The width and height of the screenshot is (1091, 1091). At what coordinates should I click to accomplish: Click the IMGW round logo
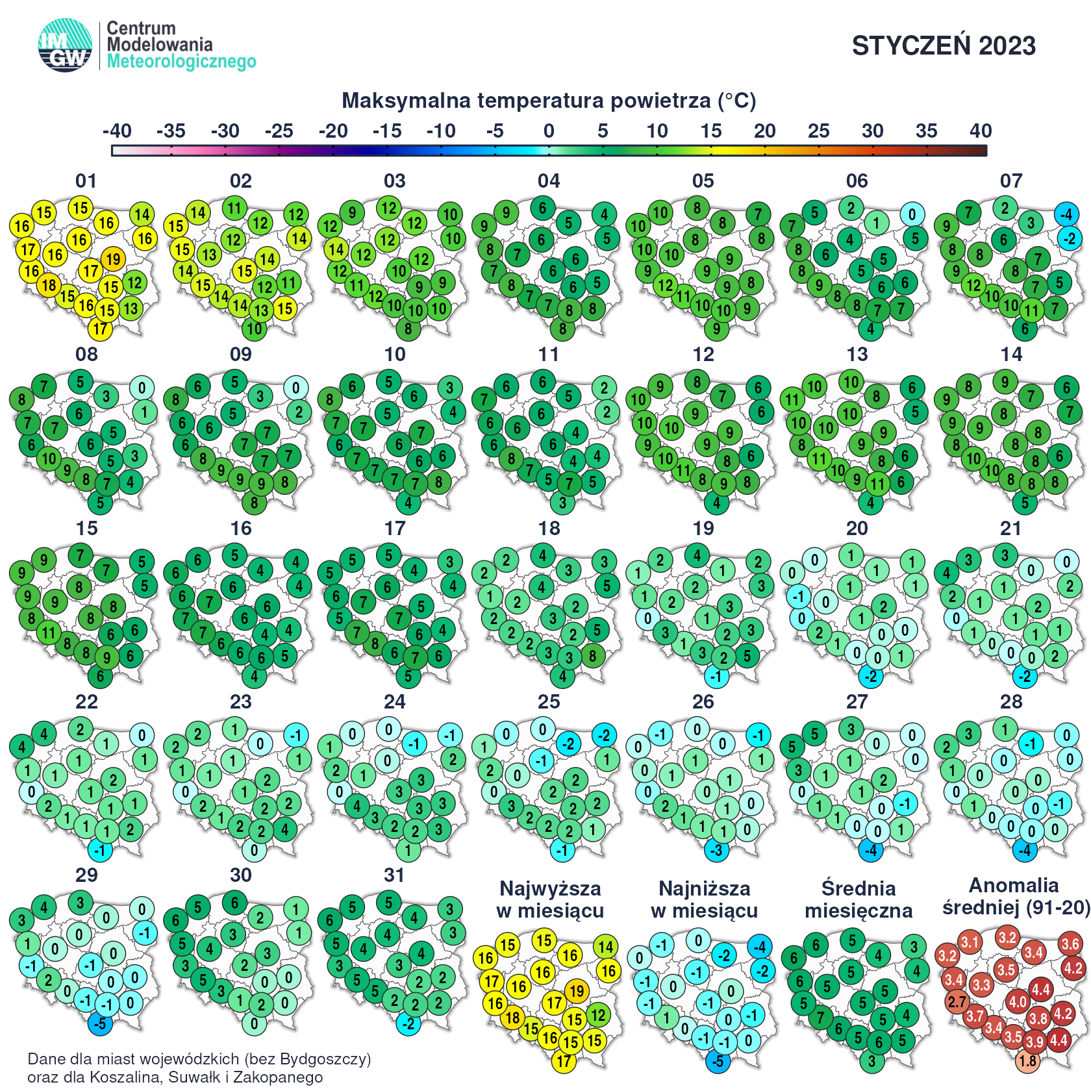pos(65,45)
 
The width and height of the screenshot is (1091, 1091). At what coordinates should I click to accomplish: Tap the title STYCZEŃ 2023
pos(944,45)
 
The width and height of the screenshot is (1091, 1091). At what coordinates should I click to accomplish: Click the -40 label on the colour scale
pos(117,131)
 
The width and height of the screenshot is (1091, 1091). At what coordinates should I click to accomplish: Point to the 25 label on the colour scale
pos(818,131)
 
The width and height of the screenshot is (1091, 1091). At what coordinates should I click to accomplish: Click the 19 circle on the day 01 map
pos(114,259)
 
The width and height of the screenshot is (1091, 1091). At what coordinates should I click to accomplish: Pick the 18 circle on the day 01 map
pos(49,285)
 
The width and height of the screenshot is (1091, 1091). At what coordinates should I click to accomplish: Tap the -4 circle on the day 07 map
pos(1066,214)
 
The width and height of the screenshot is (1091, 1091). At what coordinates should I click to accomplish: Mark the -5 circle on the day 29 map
pos(100,1023)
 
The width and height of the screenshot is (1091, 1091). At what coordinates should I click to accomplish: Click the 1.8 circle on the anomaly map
pos(1027,1061)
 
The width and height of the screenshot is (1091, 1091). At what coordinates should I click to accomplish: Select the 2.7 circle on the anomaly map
pos(957,1002)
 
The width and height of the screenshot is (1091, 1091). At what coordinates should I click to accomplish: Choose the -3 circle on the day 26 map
pos(716,850)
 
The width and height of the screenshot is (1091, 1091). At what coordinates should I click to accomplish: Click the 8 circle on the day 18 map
pos(592,656)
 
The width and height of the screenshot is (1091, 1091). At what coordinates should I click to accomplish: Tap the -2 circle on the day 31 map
pos(408,1023)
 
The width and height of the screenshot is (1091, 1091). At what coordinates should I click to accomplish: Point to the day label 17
pos(395,529)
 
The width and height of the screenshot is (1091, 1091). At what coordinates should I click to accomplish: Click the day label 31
pos(395,875)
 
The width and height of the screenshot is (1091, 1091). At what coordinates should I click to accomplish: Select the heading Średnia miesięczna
pos(859,899)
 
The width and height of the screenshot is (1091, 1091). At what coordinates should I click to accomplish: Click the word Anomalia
pos(1014,886)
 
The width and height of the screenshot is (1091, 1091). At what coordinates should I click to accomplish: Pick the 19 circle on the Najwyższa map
pos(577,992)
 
